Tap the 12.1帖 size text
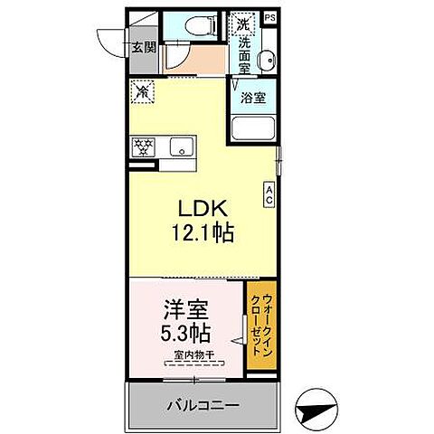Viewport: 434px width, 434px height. click(x=203, y=232)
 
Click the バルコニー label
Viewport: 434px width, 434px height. click(x=203, y=405)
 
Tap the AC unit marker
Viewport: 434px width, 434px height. click(x=269, y=193)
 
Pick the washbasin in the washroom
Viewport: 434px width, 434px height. click(x=266, y=61)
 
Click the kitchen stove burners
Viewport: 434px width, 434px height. click(x=144, y=146)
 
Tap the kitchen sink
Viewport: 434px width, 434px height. click(x=182, y=146)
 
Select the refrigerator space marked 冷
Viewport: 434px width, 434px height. click(x=142, y=90)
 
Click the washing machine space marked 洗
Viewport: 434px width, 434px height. click(x=241, y=22)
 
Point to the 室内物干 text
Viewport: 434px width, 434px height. click(x=193, y=356)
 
